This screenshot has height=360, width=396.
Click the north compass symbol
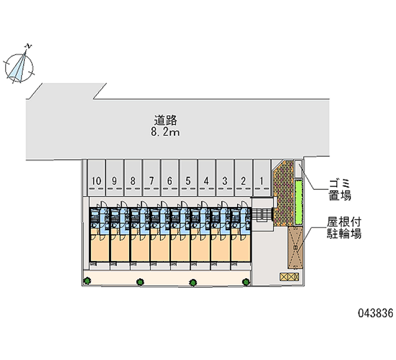[19, 67]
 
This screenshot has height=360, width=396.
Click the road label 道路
[166, 120]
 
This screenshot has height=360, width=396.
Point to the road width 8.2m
[165, 132]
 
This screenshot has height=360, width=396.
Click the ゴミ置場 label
[340, 190]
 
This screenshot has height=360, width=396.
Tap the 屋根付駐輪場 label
[344, 228]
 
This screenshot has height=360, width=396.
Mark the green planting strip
[298, 202]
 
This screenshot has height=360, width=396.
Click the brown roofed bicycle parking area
[295, 247]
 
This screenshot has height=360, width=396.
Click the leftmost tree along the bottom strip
[87, 280]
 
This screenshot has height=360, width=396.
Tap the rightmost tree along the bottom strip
[246, 282]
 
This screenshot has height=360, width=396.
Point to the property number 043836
[376, 313]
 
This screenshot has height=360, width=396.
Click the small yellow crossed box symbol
[289, 277]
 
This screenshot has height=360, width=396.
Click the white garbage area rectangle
[298, 169]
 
